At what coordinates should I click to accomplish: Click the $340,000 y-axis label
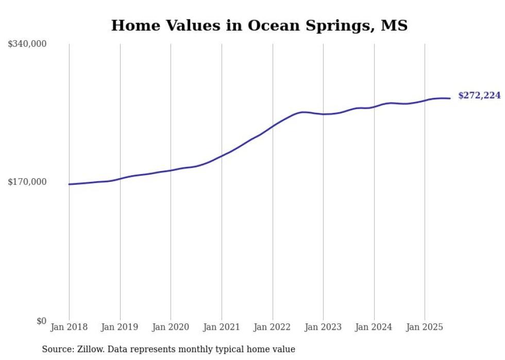(27, 44)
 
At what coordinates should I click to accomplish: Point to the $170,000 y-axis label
(27, 182)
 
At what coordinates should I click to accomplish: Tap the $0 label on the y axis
(42, 321)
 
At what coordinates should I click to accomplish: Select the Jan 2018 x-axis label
(69, 327)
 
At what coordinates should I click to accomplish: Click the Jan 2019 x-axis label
(120, 327)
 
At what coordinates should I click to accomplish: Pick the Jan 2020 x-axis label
(171, 327)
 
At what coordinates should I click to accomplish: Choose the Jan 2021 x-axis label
(222, 327)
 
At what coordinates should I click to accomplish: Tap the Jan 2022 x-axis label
(272, 327)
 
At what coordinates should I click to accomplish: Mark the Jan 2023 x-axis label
(323, 327)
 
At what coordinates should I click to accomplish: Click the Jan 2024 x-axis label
(374, 327)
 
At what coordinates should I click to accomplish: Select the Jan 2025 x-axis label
(425, 327)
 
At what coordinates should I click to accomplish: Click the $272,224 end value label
(479, 96)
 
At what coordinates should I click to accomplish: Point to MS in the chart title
(394, 25)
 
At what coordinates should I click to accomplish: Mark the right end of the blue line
(450, 98)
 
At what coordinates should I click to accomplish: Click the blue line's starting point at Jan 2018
(69, 184)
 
